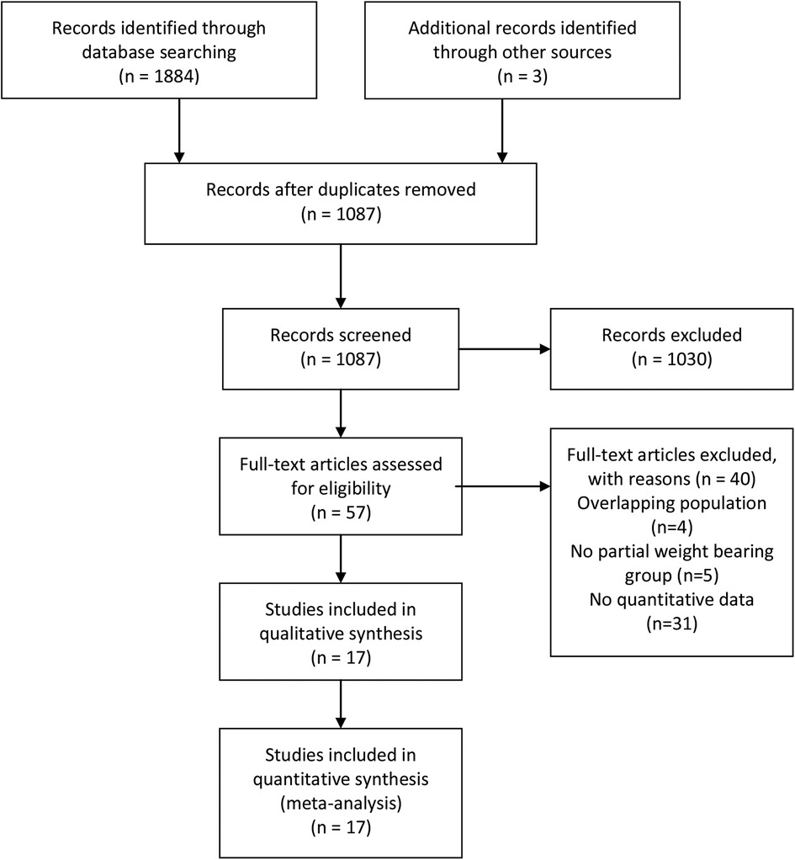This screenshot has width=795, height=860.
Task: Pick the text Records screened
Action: tap(340, 335)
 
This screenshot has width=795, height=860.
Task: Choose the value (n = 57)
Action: tap(340, 507)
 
